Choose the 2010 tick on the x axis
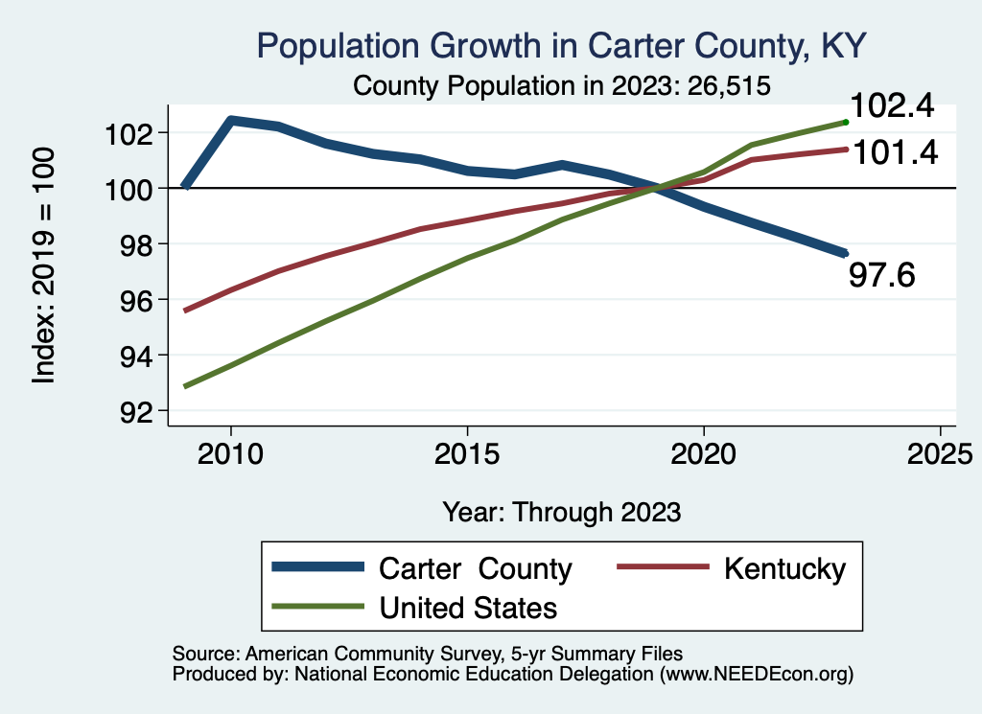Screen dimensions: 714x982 (230, 453)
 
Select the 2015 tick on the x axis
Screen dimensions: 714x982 (467, 453)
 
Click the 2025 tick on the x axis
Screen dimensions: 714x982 (940, 453)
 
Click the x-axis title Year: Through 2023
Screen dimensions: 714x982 (562, 512)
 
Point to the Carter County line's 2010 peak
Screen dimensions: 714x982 (231, 120)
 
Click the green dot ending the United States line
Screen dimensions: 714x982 (845, 122)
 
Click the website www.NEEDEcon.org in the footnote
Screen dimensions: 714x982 (755, 675)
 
